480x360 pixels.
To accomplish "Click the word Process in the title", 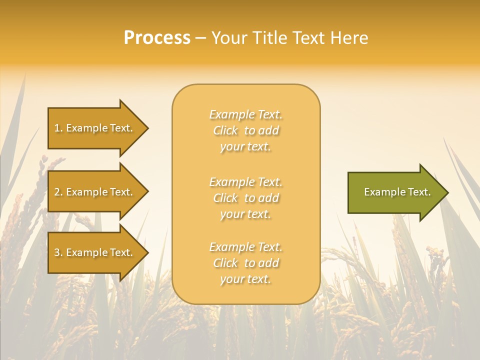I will click(x=157, y=38).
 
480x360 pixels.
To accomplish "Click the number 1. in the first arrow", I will click(x=58, y=128).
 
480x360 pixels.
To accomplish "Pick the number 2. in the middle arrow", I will click(x=58, y=192).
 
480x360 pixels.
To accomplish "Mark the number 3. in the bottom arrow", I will click(x=58, y=252).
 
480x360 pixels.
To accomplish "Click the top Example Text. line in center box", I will click(x=245, y=114).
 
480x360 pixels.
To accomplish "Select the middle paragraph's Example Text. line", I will click(x=245, y=182).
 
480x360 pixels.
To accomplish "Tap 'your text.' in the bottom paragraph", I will click(x=245, y=279).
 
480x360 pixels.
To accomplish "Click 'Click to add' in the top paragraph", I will click(x=245, y=130).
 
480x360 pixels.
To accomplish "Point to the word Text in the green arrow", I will click(x=418, y=192).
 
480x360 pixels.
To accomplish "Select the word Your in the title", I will click(x=229, y=38).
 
